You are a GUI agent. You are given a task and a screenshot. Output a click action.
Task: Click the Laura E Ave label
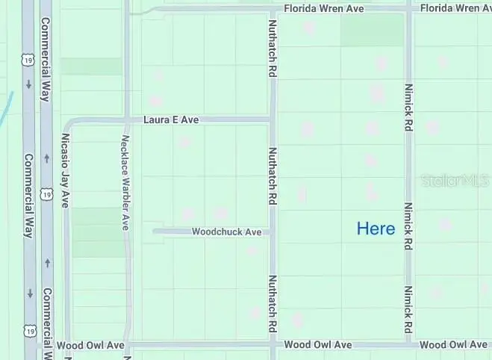(172, 120)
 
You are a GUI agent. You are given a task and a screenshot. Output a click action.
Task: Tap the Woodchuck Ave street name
(226, 232)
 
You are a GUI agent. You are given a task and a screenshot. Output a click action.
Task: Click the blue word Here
(376, 229)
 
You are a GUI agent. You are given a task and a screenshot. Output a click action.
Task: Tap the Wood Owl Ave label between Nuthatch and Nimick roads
(318, 345)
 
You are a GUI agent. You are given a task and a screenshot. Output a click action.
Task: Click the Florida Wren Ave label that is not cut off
(323, 8)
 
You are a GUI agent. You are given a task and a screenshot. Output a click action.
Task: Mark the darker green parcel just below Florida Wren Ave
(371, 31)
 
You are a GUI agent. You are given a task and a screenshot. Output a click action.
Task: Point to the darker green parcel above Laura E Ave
(90, 66)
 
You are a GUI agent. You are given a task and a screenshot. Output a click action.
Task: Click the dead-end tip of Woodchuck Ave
(155, 232)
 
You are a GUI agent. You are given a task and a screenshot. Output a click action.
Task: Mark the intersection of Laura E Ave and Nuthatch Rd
(273, 120)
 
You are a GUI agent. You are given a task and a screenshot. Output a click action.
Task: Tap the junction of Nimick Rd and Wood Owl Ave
(409, 345)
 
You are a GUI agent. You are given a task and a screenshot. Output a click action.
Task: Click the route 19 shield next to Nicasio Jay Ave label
(47, 194)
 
